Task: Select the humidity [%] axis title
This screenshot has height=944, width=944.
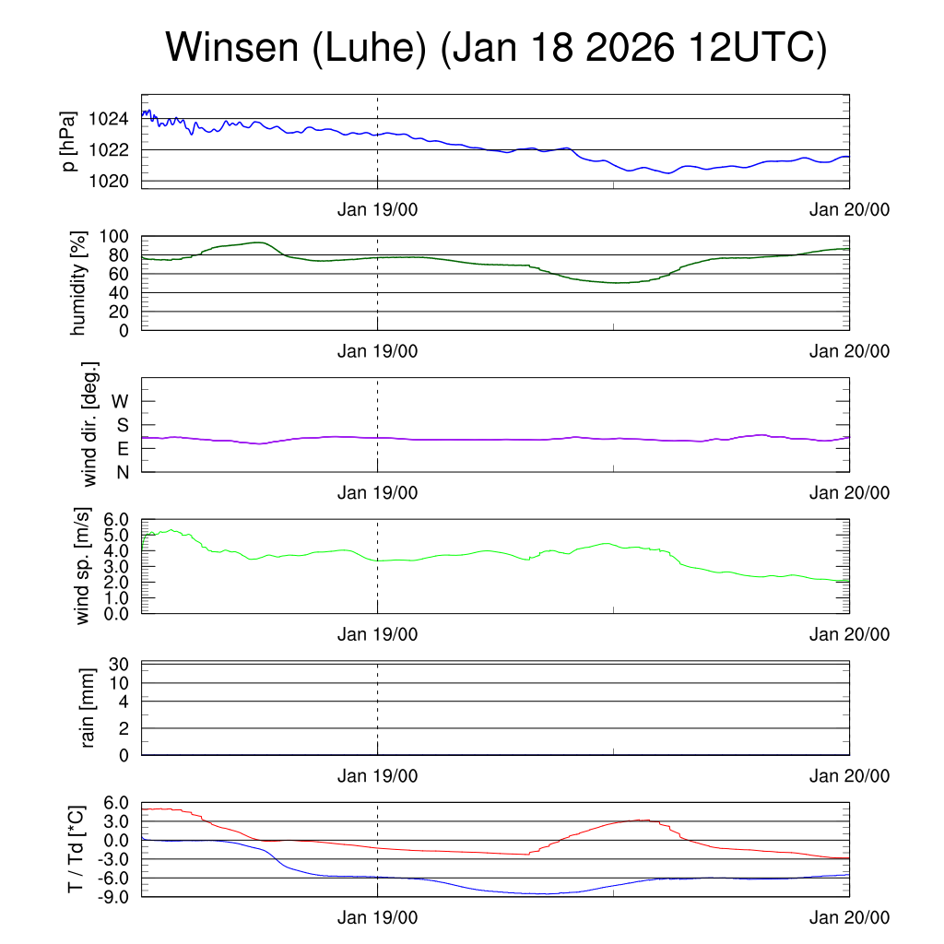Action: [78, 283]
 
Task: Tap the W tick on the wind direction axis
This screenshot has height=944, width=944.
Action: [120, 401]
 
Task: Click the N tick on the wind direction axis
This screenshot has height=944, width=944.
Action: [122, 472]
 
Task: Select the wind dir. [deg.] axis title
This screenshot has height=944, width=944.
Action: [89, 424]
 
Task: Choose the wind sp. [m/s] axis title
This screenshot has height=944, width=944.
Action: [83, 566]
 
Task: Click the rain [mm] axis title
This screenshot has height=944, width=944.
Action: [89, 708]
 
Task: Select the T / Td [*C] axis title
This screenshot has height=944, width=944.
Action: [78, 849]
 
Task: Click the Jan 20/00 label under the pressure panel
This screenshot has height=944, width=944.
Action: [849, 210]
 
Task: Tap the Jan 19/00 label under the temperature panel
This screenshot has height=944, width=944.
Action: [377, 918]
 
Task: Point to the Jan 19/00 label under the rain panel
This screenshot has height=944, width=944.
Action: [377, 776]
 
